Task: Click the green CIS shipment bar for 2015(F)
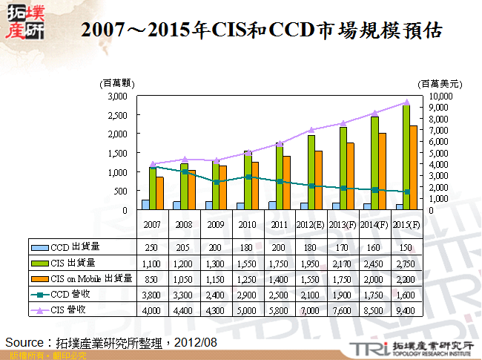pyautogui.click(x=407, y=157)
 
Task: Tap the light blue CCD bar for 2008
pyautogui.click(x=176, y=206)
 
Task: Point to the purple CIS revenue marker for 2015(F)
pyautogui.click(x=406, y=102)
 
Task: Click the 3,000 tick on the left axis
pyautogui.click(x=116, y=96)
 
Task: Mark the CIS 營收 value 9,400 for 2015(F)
pyautogui.click(x=406, y=310)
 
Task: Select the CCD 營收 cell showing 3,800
pyautogui.click(x=151, y=294)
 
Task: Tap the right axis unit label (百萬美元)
pyautogui.click(x=440, y=84)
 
